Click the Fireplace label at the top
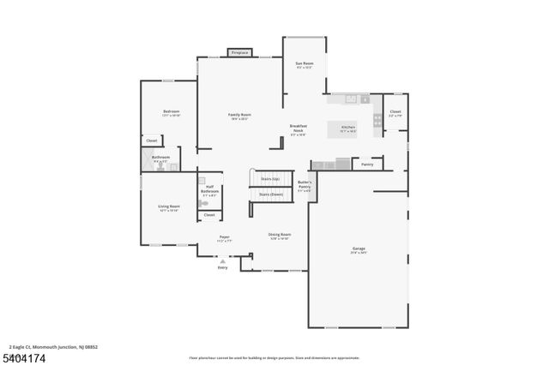239,52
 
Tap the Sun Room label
304,63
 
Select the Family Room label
239,115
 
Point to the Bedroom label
171,112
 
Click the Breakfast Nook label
298,128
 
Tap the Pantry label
367,164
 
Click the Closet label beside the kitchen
395,111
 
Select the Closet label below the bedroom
151,141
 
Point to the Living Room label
168,206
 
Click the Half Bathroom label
209,191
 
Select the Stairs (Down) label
270,194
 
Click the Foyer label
224,237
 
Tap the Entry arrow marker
223,261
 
